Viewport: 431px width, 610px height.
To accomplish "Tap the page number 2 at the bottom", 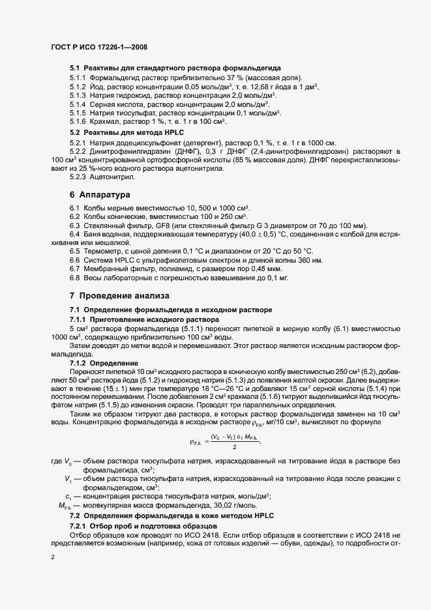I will [x=53, y=558].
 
